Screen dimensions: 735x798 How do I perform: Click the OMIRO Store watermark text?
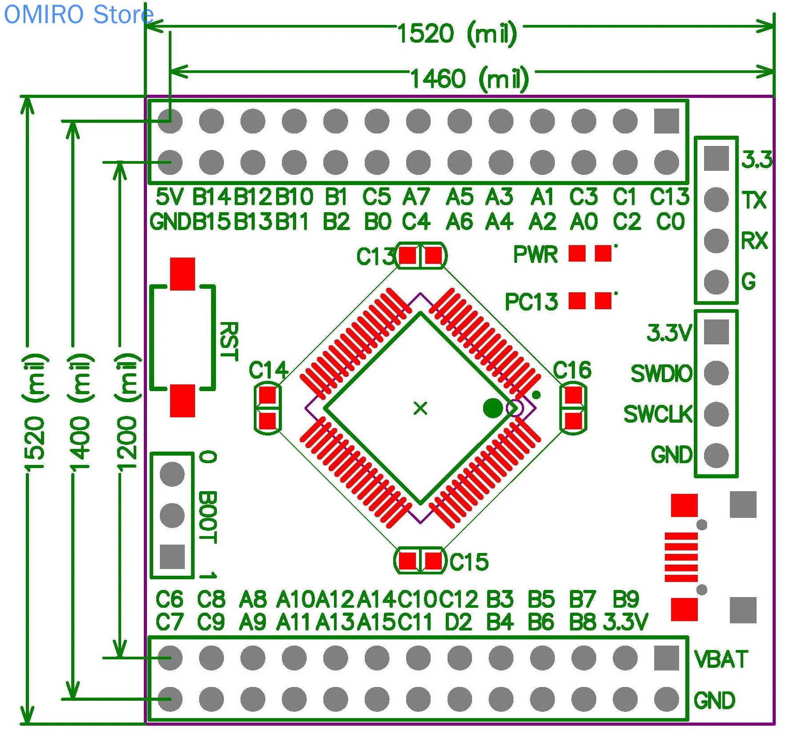[x=78, y=14]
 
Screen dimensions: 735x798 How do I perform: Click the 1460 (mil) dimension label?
[x=469, y=79]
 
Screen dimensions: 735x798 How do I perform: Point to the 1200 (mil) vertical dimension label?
[x=127, y=412]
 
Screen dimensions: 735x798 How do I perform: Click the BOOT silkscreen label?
[x=208, y=517]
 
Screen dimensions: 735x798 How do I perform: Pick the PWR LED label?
[x=535, y=254]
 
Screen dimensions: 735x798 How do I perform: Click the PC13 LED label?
[x=531, y=302]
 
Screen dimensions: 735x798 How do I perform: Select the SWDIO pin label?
[x=661, y=374]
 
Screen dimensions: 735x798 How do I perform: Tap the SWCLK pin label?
[x=658, y=414]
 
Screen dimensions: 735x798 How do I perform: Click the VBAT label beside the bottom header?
[x=721, y=659]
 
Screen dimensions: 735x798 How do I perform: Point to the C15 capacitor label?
[x=469, y=562]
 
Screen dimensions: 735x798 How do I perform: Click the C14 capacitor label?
[x=269, y=370]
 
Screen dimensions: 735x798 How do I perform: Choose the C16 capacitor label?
[x=572, y=370]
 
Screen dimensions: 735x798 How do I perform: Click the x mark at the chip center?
[x=420, y=408]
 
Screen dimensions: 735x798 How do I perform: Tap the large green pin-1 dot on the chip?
[x=493, y=408]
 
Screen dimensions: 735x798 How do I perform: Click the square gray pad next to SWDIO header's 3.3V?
[x=716, y=332]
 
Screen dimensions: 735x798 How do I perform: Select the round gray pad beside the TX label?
[x=716, y=199]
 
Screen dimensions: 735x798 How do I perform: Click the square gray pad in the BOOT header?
[x=172, y=557]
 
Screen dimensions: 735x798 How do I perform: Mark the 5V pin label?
[x=169, y=197]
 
